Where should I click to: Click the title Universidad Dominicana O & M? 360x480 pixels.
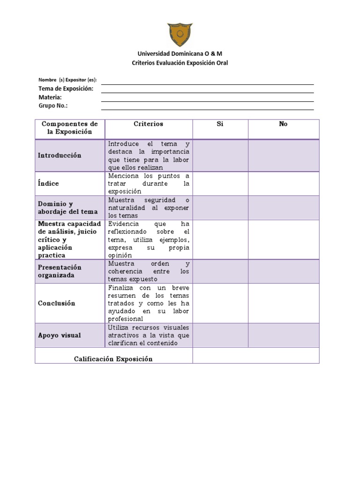tap(180, 54)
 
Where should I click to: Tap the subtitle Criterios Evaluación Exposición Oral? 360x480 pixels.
tap(180, 63)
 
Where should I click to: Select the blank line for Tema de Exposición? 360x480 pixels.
tap(207, 89)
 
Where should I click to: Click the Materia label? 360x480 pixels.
tap(50, 97)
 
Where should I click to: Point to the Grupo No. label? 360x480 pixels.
tap(53, 105)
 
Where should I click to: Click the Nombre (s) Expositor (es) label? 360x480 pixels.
tap(67, 80)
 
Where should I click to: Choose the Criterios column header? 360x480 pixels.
tap(149, 124)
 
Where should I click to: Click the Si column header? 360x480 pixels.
tap(220, 124)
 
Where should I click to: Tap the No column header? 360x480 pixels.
tap(283, 124)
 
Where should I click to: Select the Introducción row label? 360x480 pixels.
tap(60, 155)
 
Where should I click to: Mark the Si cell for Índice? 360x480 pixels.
tap(220, 184)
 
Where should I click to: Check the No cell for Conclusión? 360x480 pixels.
tap(283, 303)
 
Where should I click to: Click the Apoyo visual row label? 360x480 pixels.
tap(60, 335)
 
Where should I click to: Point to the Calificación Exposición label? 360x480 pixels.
tap(113, 359)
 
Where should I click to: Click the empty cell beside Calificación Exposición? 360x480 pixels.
tap(255, 355)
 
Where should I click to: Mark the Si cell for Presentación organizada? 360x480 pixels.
tap(220, 271)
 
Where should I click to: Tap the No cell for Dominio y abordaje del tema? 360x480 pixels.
tap(283, 208)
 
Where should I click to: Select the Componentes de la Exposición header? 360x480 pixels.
tap(70, 128)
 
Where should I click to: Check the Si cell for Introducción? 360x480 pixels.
tap(220, 155)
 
